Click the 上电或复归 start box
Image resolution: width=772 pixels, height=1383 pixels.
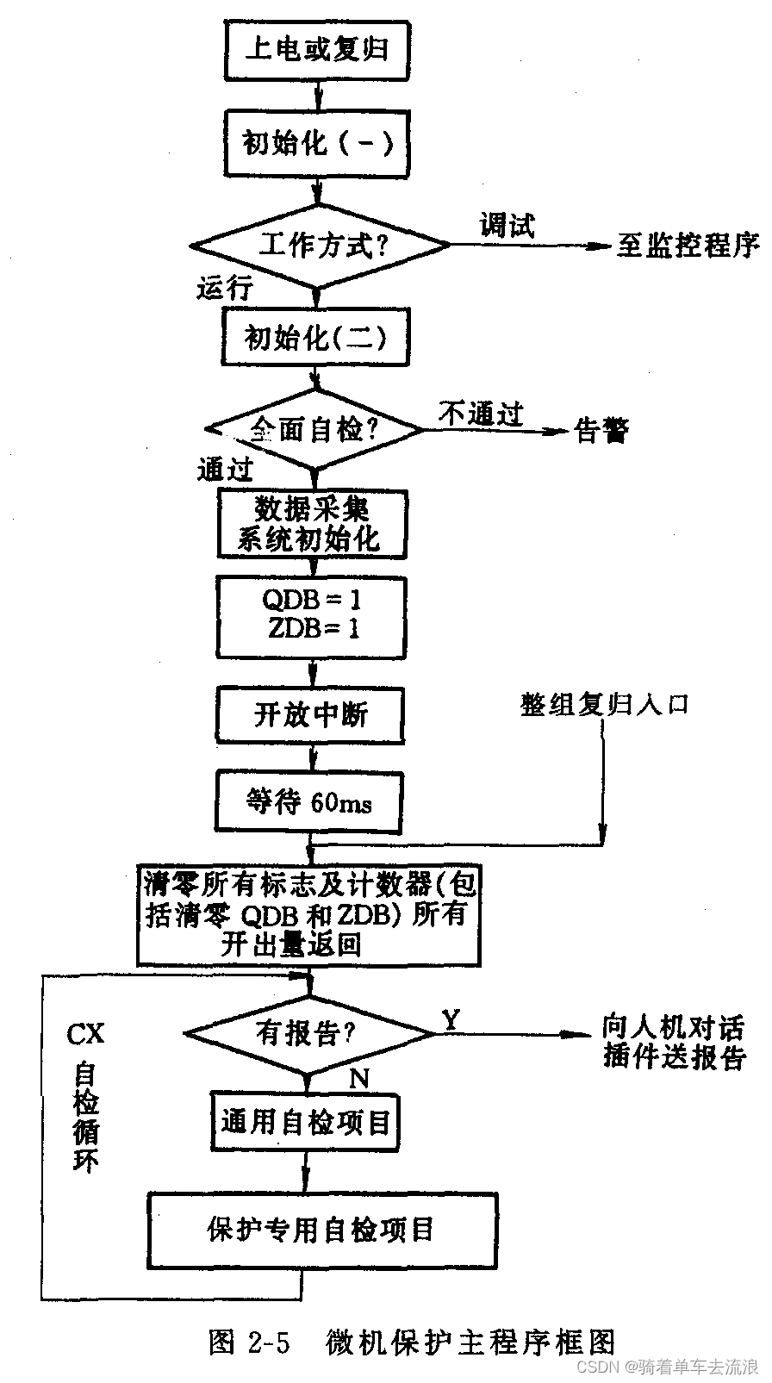pos(316,49)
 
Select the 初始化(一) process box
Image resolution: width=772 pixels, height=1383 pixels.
pos(317,143)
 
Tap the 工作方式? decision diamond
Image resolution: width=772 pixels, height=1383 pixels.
pos(320,246)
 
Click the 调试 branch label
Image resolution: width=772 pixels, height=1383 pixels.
pos(507,225)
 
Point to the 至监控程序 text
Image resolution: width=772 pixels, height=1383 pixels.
pos(688,246)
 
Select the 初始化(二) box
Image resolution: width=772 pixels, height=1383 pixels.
pos(315,339)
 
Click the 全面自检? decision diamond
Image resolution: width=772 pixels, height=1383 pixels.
pos(314,429)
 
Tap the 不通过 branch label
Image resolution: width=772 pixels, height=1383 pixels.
pos(481,414)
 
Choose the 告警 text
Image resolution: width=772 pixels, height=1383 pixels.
pos(601,430)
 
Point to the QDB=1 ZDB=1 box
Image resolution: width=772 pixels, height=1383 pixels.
pos(311,614)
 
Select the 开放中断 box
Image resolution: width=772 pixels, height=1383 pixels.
pos(310,714)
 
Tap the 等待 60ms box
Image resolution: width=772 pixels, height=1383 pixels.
pos(308,802)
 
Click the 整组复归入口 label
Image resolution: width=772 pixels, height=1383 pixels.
pos(605,705)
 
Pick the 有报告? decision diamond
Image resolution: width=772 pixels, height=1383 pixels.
pos(308,1032)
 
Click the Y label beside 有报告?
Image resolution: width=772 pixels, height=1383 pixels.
pos(451,1019)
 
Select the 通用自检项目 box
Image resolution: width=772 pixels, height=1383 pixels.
pos(307,1122)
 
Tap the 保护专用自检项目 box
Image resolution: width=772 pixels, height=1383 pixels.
pos(322,1229)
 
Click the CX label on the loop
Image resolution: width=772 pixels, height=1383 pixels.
pos(85,1033)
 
